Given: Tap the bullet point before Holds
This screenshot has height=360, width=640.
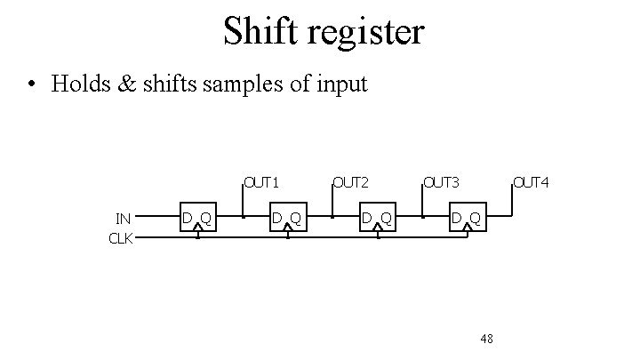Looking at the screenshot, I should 32,85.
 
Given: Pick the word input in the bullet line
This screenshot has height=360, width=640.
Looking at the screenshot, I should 337,85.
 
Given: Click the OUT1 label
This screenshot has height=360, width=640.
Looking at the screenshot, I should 263,183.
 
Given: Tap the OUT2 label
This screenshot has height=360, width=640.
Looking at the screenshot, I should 350,183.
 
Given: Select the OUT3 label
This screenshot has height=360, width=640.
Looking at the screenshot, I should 441,183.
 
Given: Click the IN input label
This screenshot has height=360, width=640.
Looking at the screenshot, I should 124,218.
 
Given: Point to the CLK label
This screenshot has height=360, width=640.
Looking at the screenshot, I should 120,237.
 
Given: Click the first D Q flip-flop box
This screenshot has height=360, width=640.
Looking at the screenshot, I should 197,218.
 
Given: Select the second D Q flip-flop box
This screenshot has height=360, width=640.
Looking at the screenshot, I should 287,218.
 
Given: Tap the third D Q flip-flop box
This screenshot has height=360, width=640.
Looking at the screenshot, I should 377,218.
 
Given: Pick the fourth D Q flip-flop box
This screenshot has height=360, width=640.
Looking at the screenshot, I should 467,218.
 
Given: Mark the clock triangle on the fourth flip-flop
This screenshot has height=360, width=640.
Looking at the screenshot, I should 467,227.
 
